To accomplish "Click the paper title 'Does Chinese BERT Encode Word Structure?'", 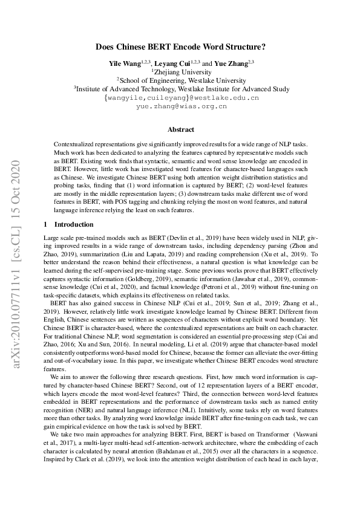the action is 180,46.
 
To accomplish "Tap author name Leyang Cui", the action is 171,62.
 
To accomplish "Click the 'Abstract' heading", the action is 180,129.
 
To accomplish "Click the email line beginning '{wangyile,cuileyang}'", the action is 180,97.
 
